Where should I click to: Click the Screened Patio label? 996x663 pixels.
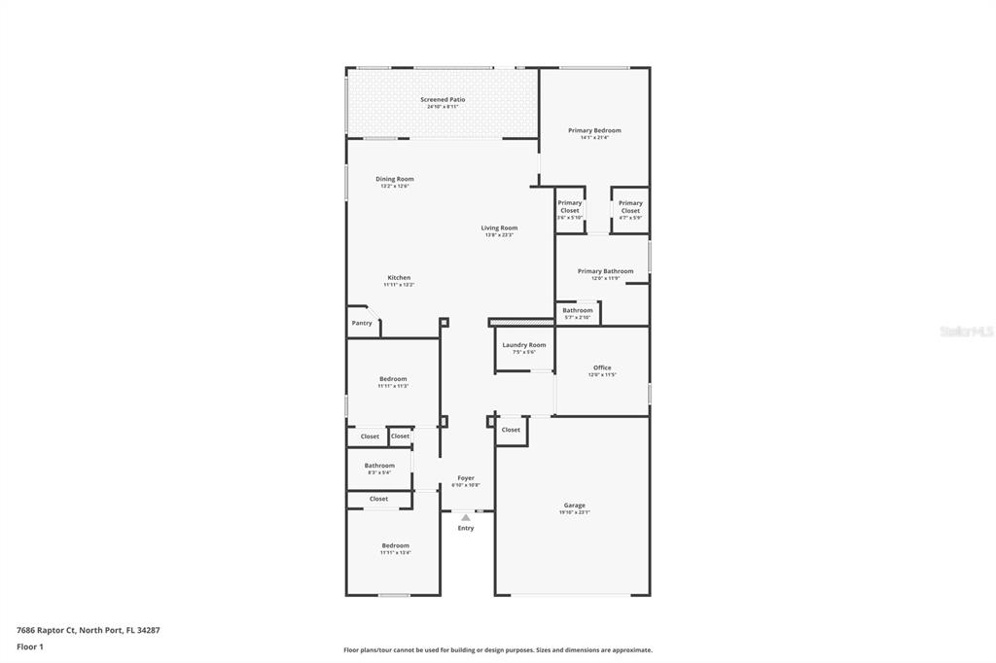(x=443, y=99)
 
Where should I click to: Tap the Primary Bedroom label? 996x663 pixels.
(x=594, y=130)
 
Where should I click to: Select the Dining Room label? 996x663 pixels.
(x=395, y=179)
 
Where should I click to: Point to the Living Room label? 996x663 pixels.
(x=499, y=228)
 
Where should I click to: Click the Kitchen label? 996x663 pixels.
(x=399, y=278)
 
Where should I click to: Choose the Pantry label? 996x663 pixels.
(x=362, y=323)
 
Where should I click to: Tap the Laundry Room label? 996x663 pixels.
(x=524, y=345)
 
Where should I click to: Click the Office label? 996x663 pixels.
(x=602, y=367)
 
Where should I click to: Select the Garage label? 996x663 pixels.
(x=575, y=506)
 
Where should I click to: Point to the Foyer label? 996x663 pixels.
(x=466, y=478)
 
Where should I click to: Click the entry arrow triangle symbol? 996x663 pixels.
(x=466, y=517)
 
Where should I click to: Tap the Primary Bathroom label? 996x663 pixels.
(x=605, y=271)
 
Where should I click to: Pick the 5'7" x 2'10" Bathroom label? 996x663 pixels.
(x=577, y=311)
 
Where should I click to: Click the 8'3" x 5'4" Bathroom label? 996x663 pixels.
(x=379, y=466)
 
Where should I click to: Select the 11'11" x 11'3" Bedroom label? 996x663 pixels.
(x=393, y=379)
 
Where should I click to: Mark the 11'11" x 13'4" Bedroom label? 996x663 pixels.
(x=395, y=546)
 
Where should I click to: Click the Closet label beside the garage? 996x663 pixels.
(x=511, y=429)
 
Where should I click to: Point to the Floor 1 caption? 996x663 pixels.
(x=30, y=646)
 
